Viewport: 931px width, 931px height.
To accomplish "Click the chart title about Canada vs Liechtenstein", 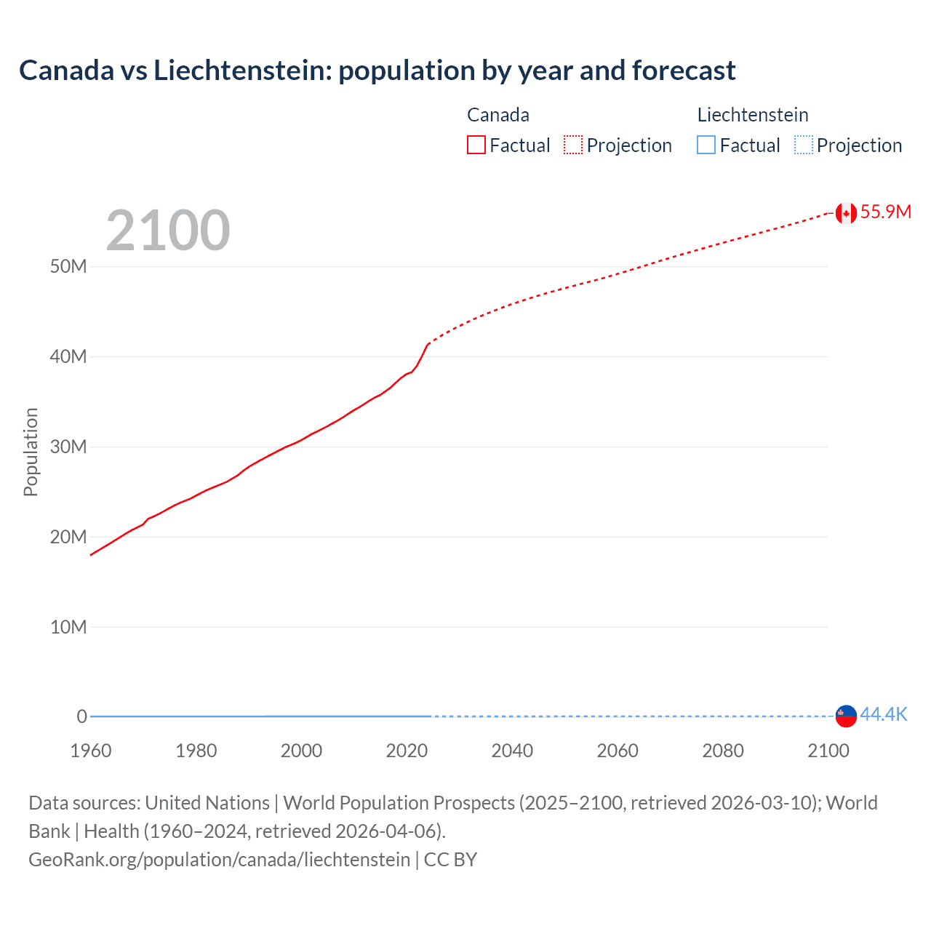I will click(x=377, y=71).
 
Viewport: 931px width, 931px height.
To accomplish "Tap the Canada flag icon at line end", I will click(x=845, y=212).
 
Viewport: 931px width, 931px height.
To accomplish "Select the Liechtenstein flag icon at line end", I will click(x=845, y=716).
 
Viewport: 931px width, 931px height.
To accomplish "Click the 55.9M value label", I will click(x=885, y=212).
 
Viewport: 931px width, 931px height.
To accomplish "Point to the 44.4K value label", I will click(x=884, y=714).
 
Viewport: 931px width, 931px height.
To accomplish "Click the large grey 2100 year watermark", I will click(x=168, y=231).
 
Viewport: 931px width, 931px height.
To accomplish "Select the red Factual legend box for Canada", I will click(x=476, y=145).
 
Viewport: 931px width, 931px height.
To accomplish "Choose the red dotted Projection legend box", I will click(x=573, y=145).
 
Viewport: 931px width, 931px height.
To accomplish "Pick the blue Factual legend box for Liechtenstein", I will click(x=706, y=145).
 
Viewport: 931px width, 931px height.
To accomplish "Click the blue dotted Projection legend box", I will click(x=804, y=145).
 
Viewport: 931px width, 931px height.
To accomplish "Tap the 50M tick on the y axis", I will click(x=68, y=266).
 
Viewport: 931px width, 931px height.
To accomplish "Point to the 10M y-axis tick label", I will click(x=68, y=627).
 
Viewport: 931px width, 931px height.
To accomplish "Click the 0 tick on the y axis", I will click(x=81, y=716).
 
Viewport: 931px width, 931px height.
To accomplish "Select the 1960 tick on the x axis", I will click(x=91, y=751).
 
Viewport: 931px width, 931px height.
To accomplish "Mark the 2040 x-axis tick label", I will click(x=512, y=751).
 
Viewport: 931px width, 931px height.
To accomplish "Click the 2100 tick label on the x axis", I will click(x=828, y=751).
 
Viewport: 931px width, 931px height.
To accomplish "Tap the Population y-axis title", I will click(x=31, y=452).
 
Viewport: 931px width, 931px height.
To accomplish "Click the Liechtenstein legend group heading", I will click(x=753, y=115).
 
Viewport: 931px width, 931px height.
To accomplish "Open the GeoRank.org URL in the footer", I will click(x=219, y=860).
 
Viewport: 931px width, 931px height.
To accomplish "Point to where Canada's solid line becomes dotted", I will click(x=429, y=343).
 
